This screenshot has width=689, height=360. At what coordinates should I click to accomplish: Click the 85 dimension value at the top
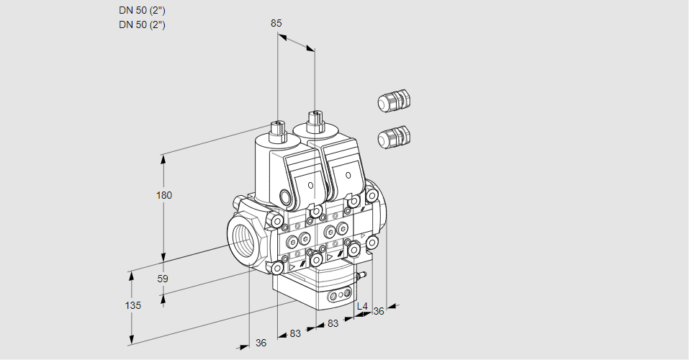coord(276,23)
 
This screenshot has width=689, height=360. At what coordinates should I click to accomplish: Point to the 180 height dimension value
coord(164,195)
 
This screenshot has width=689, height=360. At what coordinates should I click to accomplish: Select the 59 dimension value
coord(163,279)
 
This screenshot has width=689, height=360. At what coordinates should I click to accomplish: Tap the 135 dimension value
coord(133,305)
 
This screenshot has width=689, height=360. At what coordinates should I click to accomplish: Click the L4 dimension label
coord(362,307)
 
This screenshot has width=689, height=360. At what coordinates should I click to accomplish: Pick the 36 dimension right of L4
coord(379,311)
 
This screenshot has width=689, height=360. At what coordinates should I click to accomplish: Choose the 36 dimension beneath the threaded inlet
coord(261,343)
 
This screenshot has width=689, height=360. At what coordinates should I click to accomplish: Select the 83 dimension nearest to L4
coord(333,324)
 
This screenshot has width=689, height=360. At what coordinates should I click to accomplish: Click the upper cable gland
coord(394,101)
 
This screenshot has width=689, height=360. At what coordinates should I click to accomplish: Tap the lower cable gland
coord(394,135)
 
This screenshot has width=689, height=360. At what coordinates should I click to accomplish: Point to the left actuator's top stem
coord(277,130)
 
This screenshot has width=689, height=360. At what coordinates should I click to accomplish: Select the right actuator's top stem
coord(314,120)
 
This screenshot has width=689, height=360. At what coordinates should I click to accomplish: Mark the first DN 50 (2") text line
coord(147,11)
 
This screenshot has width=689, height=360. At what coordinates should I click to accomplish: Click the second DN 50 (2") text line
coord(147,25)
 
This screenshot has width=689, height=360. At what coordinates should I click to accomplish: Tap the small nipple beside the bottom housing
coord(363,274)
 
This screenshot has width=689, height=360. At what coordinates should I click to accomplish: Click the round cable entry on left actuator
coord(286,197)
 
